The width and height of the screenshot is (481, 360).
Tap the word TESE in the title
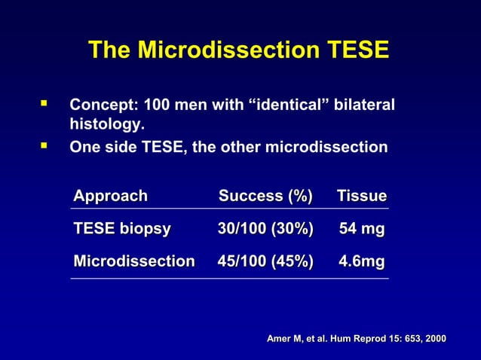pyautogui.click(x=358, y=50)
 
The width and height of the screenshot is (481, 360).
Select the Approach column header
pyautogui.click(x=110, y=197)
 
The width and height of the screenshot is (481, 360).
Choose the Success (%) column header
pyautogui.click(x=265, y=197)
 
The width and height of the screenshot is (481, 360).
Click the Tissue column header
pyautogui.click(x=362, y=197)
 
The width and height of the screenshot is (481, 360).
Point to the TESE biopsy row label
pyautogui.click(x=122, y=229)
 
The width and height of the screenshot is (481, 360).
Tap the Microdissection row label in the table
pyautogui.click(x=134, y=261)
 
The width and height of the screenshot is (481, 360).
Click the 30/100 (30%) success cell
pyautogui.click(x=265, y=229)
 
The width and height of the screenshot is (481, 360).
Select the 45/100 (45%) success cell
pyautogui.click(x=265, y=261)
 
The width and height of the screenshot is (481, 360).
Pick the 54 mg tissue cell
pyautogui.click(x=362, y=229)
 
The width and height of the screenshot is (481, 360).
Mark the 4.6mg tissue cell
pyautogui.click(x=362, y=261)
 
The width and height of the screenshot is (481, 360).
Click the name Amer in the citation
pyautogui.click(x=280, y=340)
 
